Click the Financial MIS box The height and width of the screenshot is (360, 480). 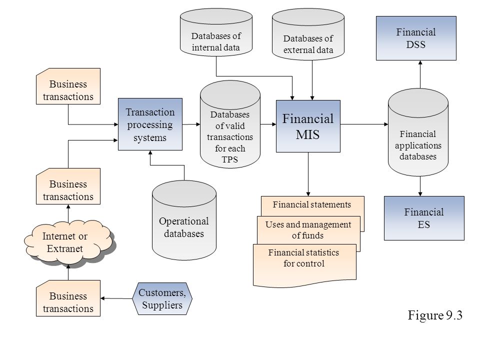click(308, 126)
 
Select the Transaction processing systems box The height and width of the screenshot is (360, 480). click(150, 124)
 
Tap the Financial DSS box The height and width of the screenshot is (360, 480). click(416, 38)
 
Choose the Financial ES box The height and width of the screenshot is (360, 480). click(424, 218)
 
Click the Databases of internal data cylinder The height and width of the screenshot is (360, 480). click(216, 32)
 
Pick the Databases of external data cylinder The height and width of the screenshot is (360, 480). click(308, 34)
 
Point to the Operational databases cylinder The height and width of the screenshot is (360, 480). click(184, 220)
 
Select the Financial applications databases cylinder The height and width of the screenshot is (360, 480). click(418, 132)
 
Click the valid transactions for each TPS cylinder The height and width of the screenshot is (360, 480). click(230, 124)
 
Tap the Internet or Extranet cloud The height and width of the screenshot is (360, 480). click(68, 242)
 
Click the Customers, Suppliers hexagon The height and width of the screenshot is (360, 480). click(162, 299)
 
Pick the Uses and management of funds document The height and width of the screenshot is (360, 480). click(308, 230)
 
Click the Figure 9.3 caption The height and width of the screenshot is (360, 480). click(435, 315)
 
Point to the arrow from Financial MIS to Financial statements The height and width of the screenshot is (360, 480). click(308, 174)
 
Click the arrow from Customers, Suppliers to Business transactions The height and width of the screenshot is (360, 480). click(116, 298)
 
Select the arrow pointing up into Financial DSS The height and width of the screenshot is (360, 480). click(420, 74)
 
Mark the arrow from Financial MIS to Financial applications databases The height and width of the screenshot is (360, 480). click(364, 124)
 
